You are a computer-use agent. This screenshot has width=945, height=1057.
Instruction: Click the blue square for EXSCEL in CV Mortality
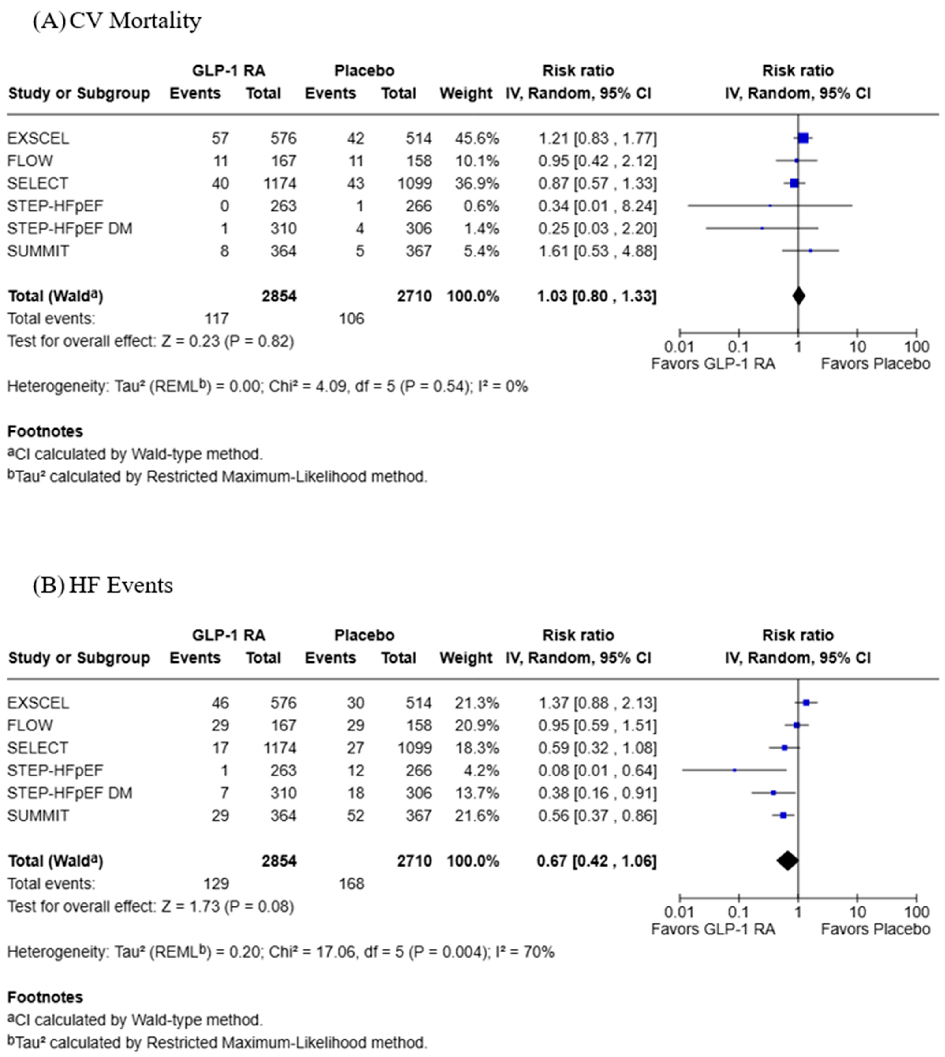[803, 138]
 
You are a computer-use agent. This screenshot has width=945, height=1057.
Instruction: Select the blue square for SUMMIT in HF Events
[784, 816]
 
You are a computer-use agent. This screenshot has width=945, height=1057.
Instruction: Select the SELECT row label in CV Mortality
[37, 183]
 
